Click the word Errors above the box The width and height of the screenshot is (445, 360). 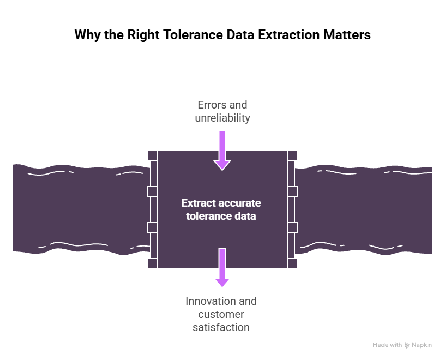(210, 105)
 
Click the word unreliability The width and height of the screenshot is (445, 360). (222, 118)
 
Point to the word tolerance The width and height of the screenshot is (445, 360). (207, 217)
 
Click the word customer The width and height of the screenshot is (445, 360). (221, 314)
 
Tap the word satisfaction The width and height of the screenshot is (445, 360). (221, 327)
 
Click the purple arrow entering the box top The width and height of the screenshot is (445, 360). (222, 150)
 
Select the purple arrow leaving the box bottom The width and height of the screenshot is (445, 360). (222, 268)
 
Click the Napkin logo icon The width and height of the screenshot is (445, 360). (407, 345)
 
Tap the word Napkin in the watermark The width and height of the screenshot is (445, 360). (422, 345)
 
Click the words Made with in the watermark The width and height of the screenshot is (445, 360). (387, 345)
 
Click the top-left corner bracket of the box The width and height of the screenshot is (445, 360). (152, 155)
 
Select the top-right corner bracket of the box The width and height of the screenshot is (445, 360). (293, 155)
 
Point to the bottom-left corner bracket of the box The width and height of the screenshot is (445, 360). (152, 263)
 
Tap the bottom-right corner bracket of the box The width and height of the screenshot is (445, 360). (293, 263)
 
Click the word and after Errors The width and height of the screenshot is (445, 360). (237, 105)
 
